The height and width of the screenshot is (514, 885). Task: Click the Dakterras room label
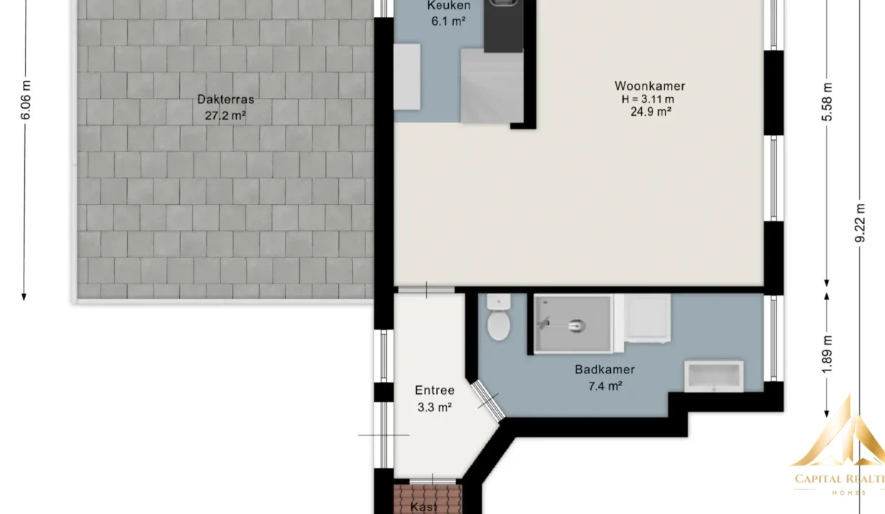point(226,99)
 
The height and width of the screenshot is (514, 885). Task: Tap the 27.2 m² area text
point(226,116)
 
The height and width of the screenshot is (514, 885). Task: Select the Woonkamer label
point(650,86)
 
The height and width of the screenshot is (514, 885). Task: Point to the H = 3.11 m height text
point(648,99)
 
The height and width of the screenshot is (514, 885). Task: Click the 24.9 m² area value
point(651,112)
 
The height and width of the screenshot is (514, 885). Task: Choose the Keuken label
point(449,6)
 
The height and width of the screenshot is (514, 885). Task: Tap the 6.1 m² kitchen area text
point(448,21)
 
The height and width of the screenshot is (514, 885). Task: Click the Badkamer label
point(605,369)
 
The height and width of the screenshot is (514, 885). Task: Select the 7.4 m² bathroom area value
point(605,385)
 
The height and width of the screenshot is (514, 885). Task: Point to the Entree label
point(435,390)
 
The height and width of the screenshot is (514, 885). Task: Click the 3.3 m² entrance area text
point(435,407)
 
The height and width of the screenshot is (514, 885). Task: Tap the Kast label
point(423,507)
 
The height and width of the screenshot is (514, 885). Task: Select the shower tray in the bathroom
point(573,324)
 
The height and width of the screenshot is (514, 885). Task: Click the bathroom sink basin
point(714,376)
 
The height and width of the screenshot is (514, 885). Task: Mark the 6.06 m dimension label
point(26,101)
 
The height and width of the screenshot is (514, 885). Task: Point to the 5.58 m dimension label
point(826,102)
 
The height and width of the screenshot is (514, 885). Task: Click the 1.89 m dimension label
point(826,354)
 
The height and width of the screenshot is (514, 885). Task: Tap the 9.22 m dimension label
point(860,223)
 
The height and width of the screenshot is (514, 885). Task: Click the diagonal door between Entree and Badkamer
point(488,400)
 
